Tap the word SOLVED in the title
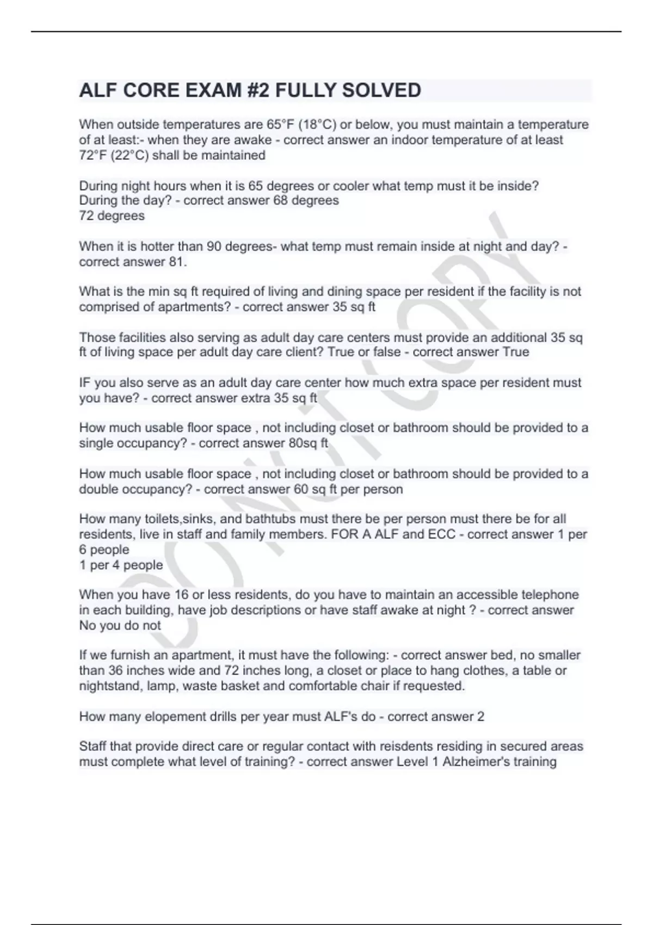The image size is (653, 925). pos(381,90)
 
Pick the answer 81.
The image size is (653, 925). pos(178,262)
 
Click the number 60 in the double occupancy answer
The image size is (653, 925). pos(301,489)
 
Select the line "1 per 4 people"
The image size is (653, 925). pos(121,565)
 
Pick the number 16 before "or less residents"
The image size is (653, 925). pos(181,595)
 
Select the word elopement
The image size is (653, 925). pos(175,716)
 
